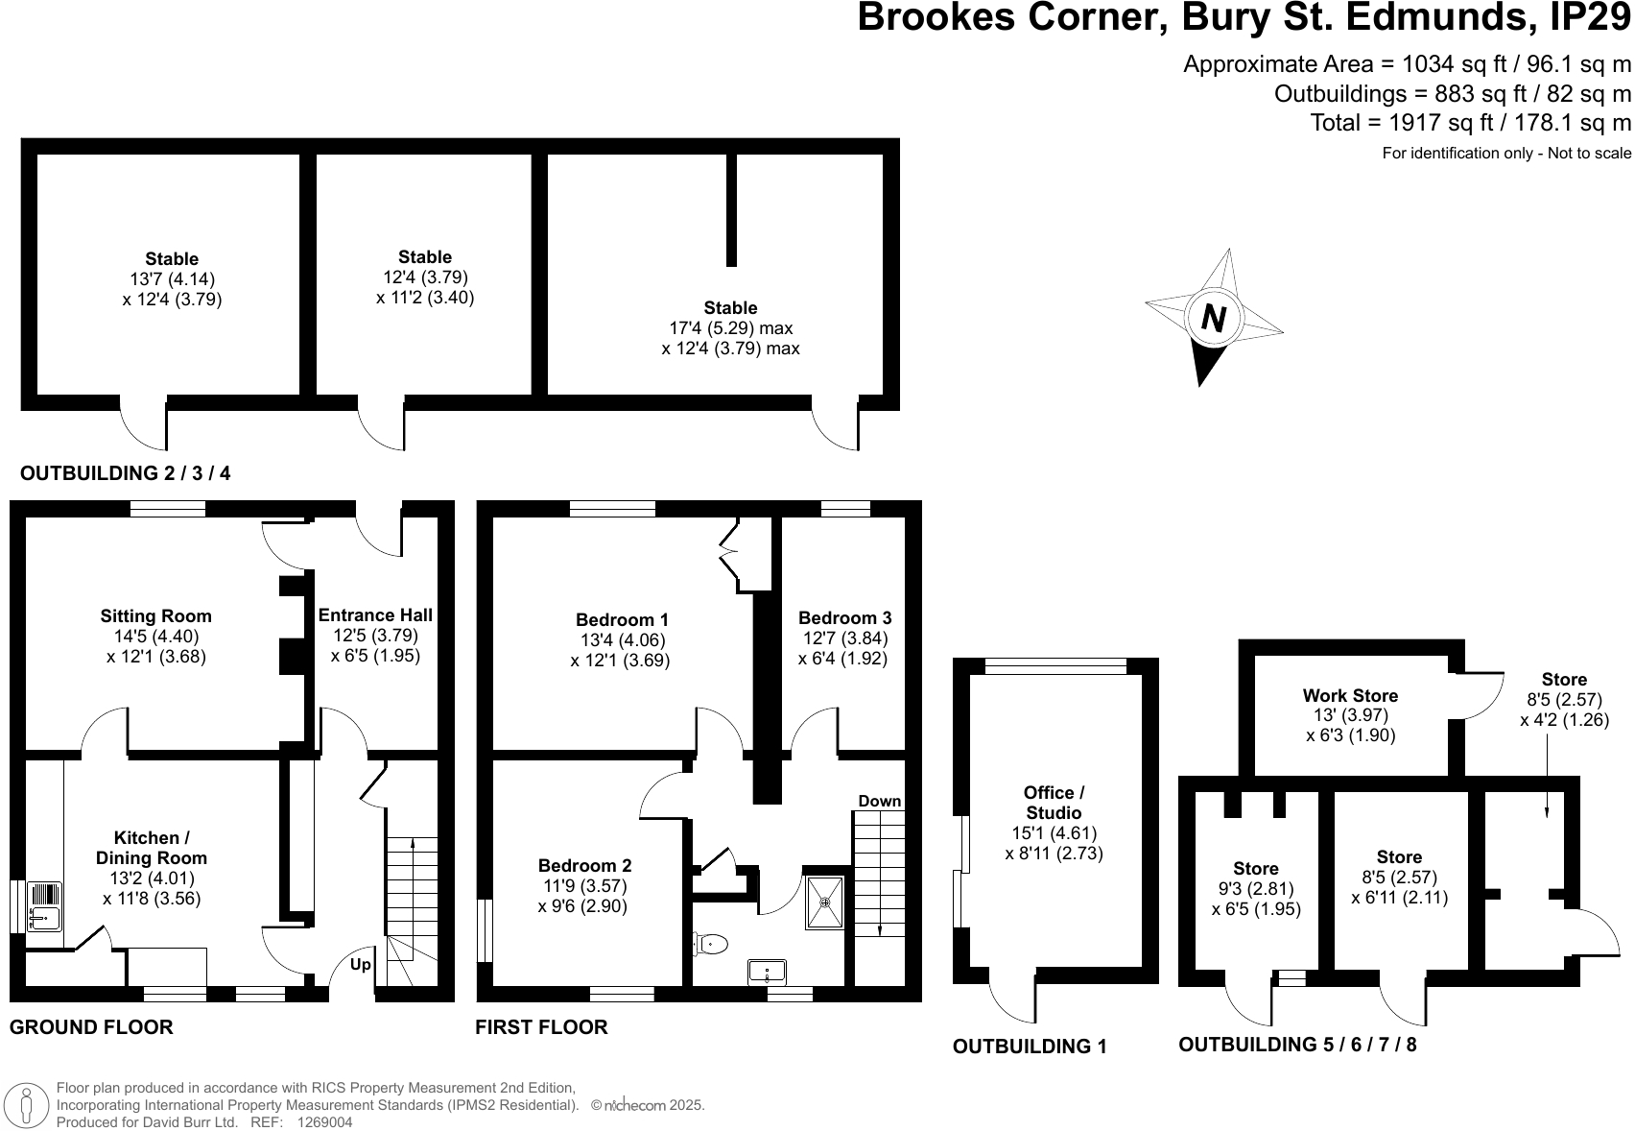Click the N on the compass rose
1214,318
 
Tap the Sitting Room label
155,616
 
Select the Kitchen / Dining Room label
151,848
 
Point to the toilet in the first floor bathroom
711,944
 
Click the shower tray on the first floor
825,902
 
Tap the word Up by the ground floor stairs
361,964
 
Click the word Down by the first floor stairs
879,801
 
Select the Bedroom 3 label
844,618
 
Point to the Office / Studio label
1054,803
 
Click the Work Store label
1350,696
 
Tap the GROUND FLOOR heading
91,1027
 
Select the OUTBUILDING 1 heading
1030,1047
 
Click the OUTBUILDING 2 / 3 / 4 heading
126,473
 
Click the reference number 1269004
325,1121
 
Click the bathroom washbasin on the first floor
767,972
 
